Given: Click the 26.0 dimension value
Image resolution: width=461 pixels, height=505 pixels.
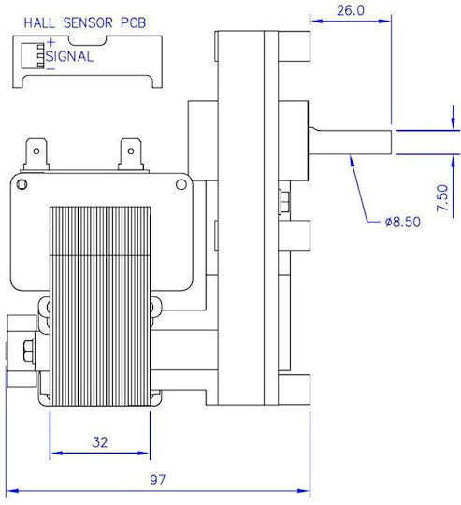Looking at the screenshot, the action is (351, 10).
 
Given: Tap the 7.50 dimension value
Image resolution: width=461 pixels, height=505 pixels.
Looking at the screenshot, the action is (442, 197).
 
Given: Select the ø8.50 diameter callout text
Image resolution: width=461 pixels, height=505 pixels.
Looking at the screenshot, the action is (402, 222).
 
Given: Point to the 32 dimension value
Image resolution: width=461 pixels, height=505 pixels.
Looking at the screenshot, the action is (100, 442).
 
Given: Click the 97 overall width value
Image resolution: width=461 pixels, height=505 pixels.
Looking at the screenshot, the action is (157, 480).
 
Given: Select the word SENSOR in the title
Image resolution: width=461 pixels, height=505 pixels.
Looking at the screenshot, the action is (88, 22).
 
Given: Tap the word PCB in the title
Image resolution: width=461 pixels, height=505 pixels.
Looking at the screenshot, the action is (134, 22).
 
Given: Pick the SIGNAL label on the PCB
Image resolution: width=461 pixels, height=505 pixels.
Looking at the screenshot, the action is (69, 57).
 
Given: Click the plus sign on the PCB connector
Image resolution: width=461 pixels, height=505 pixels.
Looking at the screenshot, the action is (50, 42).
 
